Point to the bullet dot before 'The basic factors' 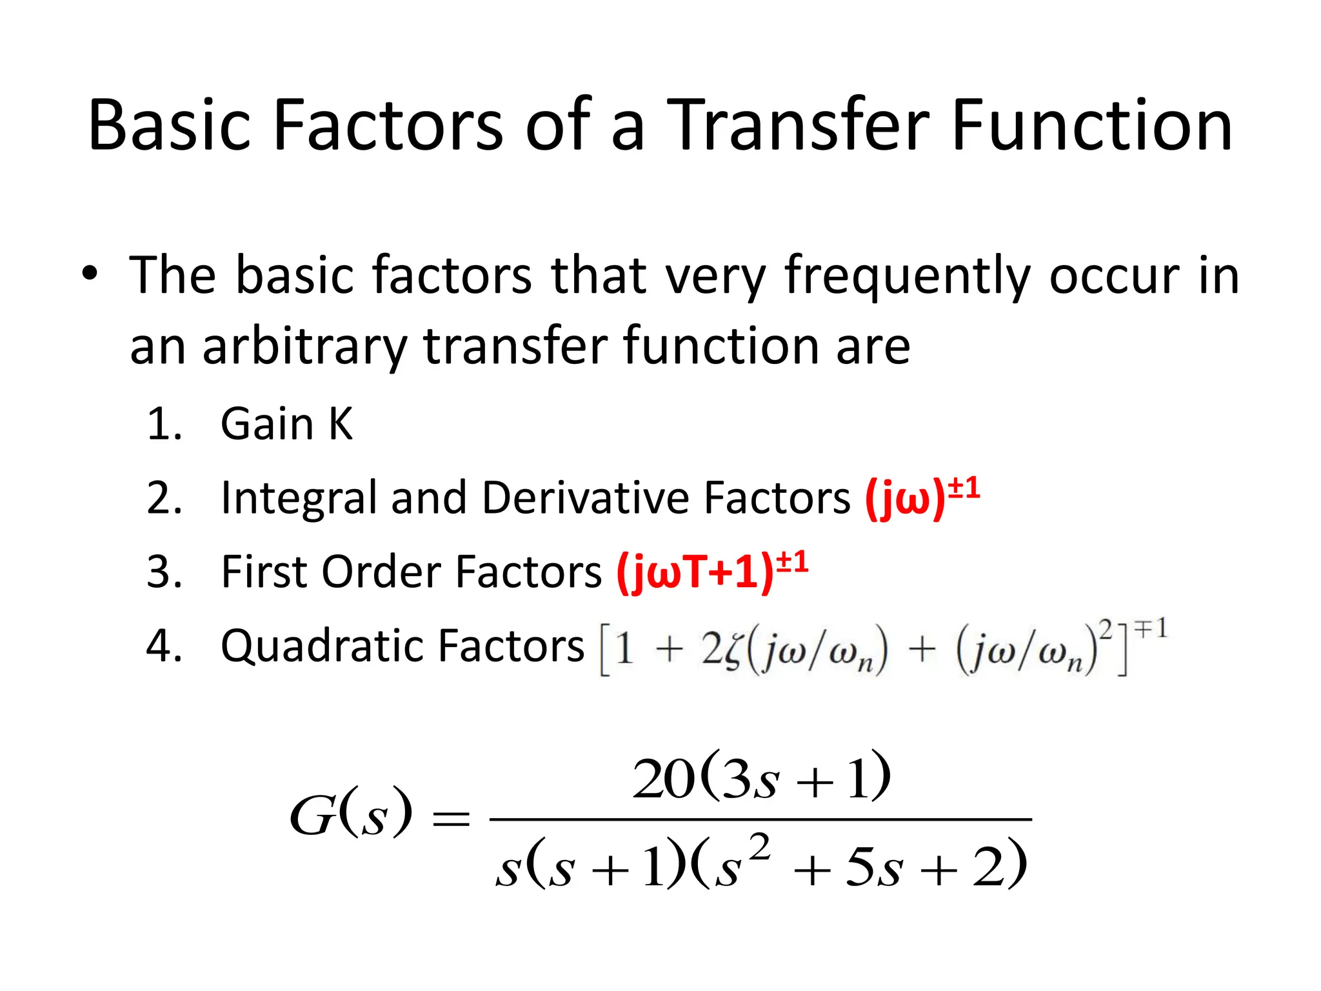90,274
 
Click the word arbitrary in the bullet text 304,347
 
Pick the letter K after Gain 341,424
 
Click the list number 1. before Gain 164,424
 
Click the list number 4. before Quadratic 164,646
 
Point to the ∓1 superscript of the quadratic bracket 1151,628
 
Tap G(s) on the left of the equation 350,814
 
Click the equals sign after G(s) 451,819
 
